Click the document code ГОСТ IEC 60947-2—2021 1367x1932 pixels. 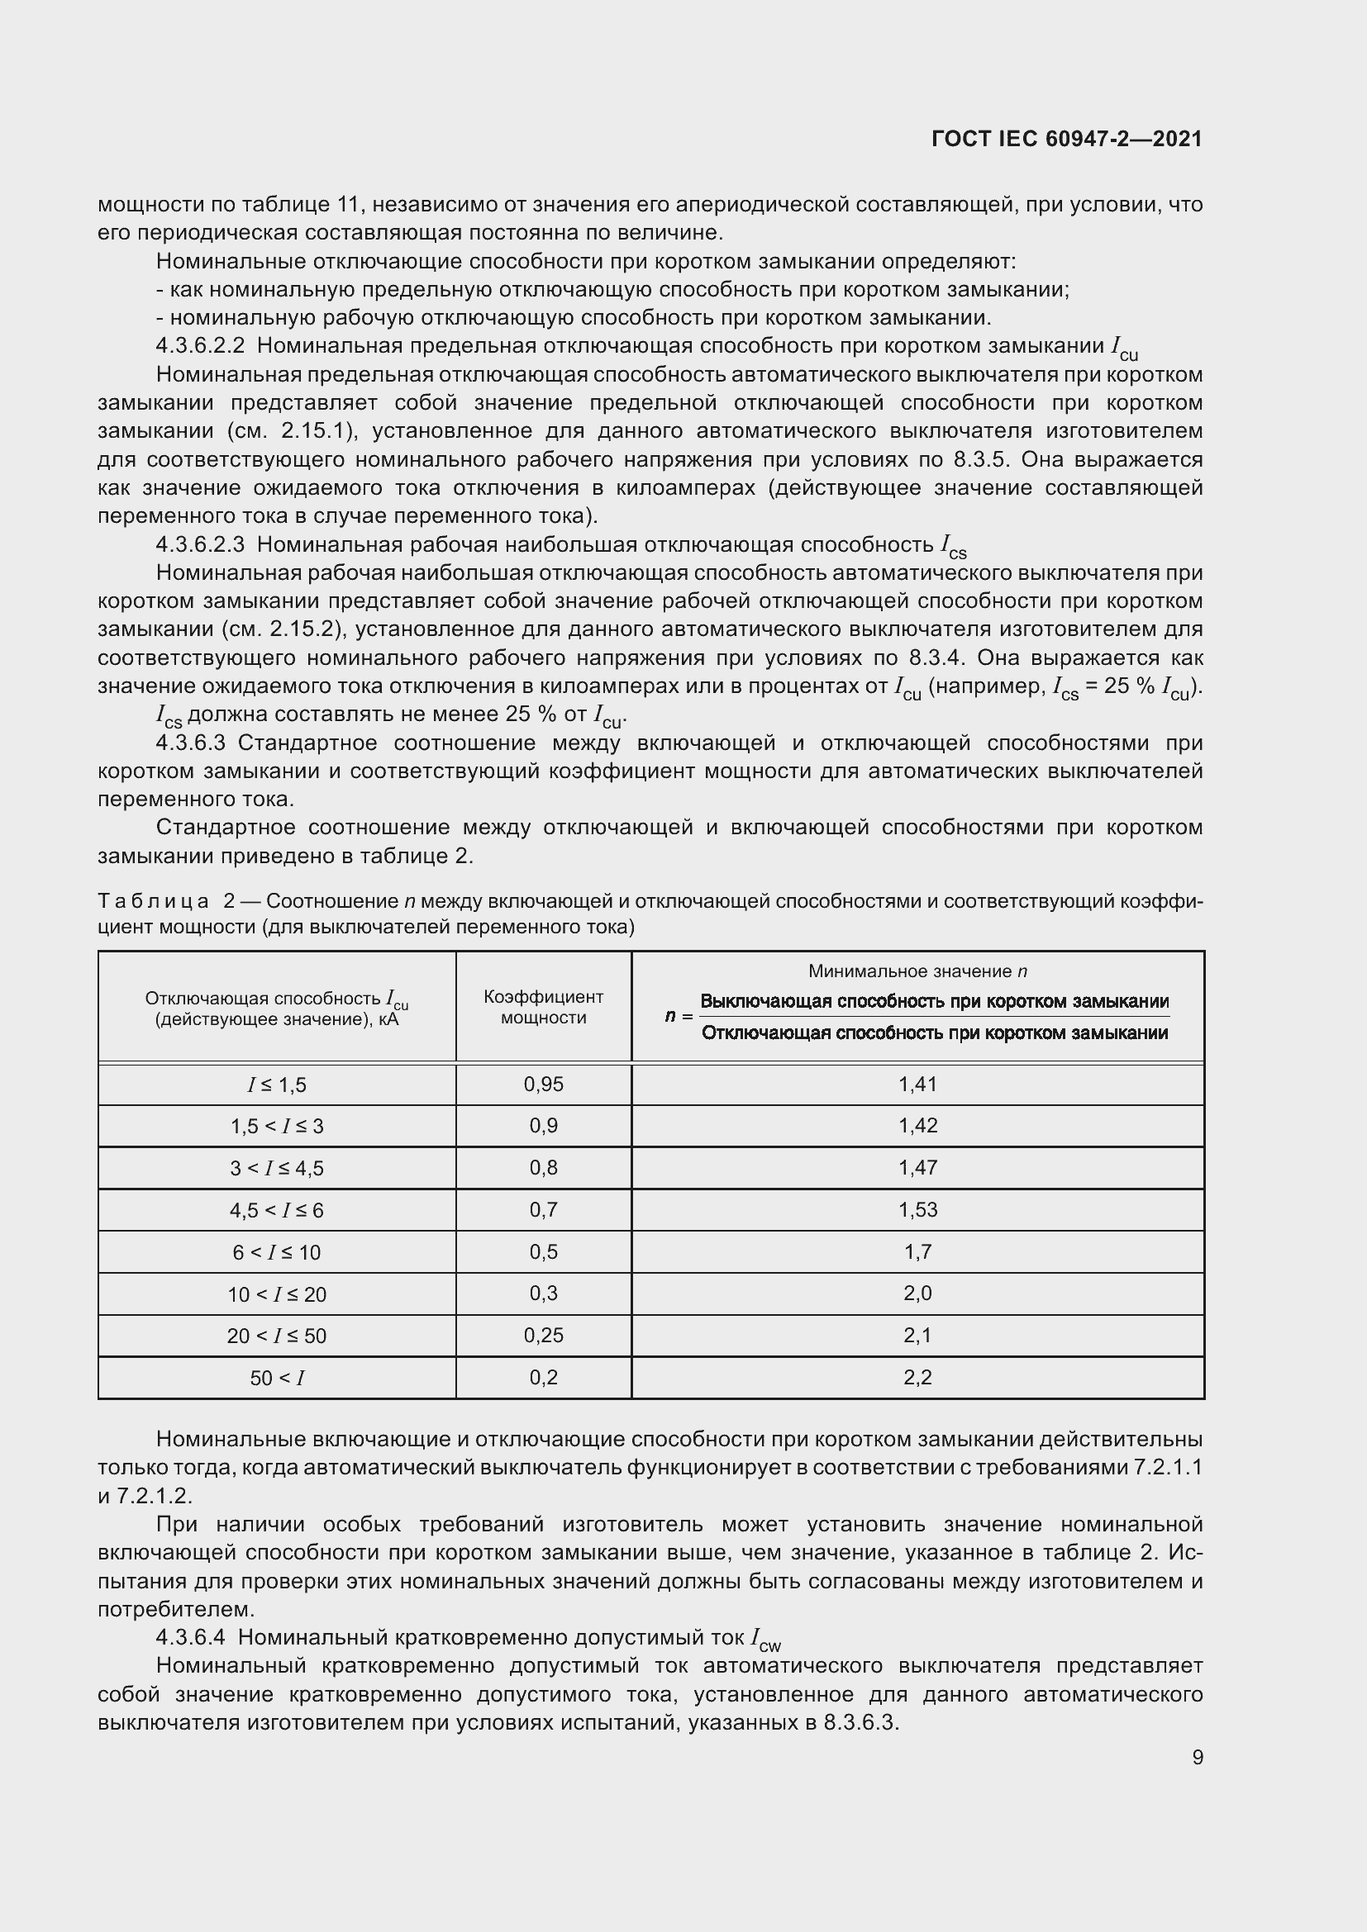click(1066, 139)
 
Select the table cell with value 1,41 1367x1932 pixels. click(917, 1084)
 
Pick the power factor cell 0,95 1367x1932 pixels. click(543, 1084)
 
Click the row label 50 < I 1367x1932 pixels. click(276, 1378)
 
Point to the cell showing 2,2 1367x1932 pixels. click(917, 1377)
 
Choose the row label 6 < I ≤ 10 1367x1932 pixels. click(276, 1252)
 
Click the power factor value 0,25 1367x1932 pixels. click(543, 1335)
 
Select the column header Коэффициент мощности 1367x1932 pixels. click(543, 1006)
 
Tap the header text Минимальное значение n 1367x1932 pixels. click(917, 971)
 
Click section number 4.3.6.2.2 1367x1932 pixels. click(200, 346)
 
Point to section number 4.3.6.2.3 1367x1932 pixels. click(200, 544)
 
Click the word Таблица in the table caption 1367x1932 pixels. click(153, 901)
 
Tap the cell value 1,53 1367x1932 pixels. click(917, 1209)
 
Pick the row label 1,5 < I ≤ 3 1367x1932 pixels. click(276, 1126)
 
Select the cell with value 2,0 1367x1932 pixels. click(917, 1293)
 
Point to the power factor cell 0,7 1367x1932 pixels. click(543, 1209)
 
